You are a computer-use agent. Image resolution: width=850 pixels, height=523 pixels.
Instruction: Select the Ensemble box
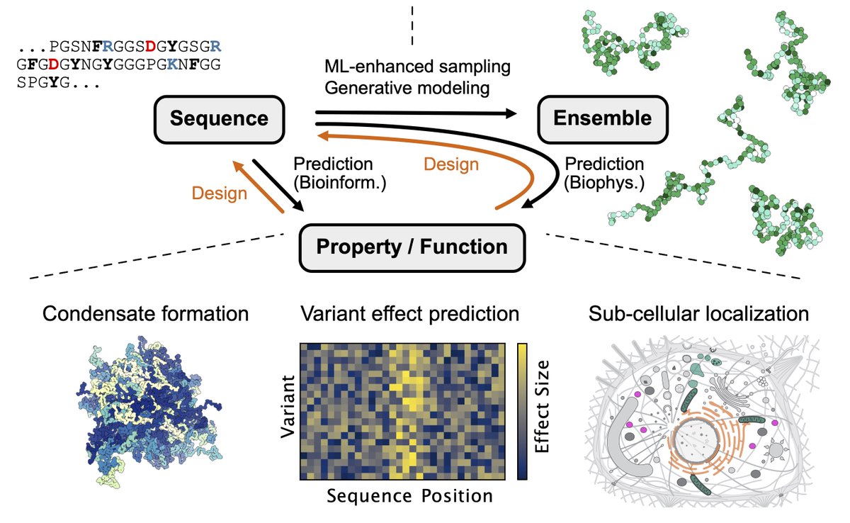602,118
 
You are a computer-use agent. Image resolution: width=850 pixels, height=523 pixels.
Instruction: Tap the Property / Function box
412,247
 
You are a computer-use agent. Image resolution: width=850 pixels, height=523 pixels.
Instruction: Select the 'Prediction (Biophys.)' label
604,174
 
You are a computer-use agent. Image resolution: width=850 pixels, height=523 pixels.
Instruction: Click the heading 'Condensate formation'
145,312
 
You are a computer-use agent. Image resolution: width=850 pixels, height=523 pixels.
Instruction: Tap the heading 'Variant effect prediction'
409,312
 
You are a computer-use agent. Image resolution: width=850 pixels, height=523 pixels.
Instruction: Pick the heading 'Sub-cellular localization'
698,312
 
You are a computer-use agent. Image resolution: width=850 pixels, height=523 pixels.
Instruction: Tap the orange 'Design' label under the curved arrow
450,164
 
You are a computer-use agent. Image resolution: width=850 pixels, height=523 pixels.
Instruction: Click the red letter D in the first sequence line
151,47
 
